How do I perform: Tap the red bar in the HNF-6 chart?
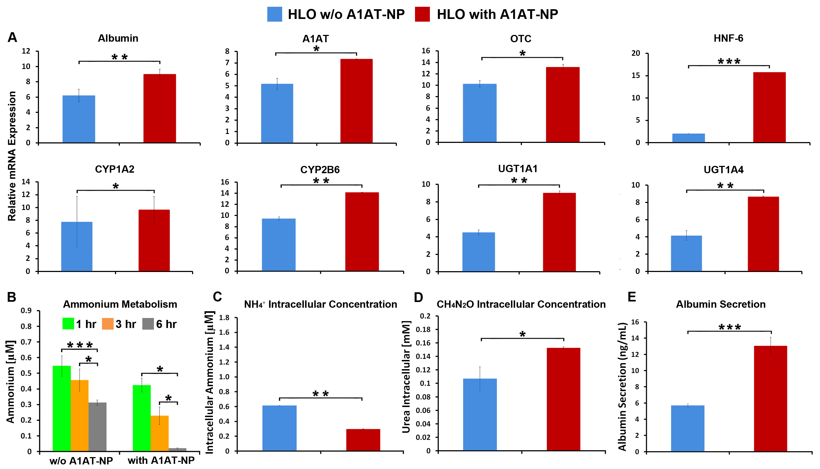point(769,107)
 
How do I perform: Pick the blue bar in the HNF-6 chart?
point(688,138)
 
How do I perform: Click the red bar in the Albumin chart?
point(160,108)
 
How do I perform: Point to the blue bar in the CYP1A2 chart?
point(77,247)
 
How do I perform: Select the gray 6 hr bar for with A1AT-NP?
point(177,449)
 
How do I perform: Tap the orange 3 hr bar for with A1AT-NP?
point(159,433)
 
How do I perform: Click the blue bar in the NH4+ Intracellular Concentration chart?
point(279,428)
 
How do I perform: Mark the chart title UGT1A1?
point(518,169)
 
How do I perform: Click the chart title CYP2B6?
point(320,170)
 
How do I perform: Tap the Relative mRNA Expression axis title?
point(12,156)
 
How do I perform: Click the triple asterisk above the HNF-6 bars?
point(729,61)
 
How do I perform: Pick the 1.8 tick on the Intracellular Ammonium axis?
point(224,318)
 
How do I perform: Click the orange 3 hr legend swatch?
point(107,324)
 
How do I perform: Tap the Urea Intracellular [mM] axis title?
point(406,377)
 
